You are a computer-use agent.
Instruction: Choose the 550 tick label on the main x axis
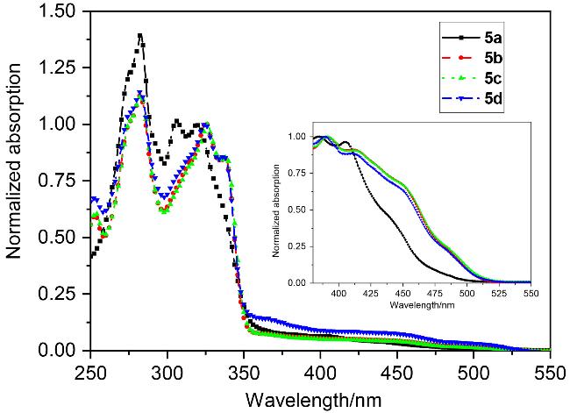coord(550,368)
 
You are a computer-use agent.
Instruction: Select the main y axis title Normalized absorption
coord(16,182)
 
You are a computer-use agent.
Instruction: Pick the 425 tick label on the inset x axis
coord(371,296)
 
